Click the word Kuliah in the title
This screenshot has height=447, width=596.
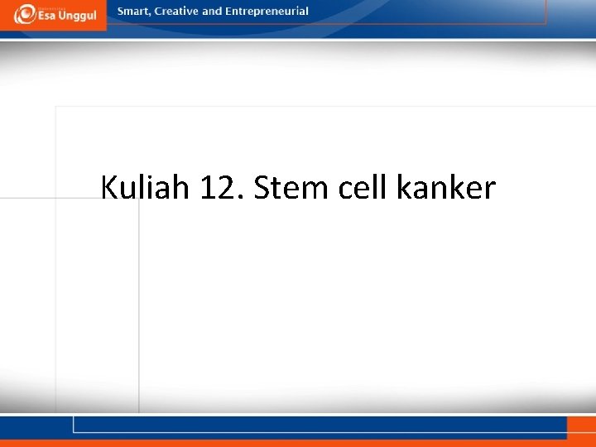pyautogui.click(x=145, y=188)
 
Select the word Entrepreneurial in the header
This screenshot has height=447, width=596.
pyautogui.click(x=265, y=12)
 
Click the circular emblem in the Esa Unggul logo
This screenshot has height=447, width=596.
pyautogui.click(x=25, y=14)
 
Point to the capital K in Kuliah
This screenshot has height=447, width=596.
pyautogui.click(x=109, y=188)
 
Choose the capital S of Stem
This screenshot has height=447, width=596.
pyautogui.click(x=262, y=188)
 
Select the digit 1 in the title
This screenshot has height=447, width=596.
pyautogui.click(x=208, y=188)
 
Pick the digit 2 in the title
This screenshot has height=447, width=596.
pyautogui.click(x=228, y=188)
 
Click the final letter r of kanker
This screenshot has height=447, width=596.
pyautogui.click(x=489, y=191)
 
